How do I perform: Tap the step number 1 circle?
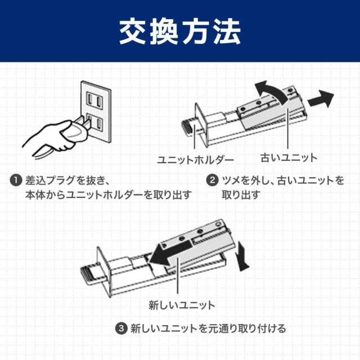[x=16, y=181]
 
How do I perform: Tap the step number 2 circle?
[x=212, y=181]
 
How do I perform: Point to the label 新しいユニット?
[x=182, y=305]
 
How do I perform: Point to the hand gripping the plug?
[x=53, y=135]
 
